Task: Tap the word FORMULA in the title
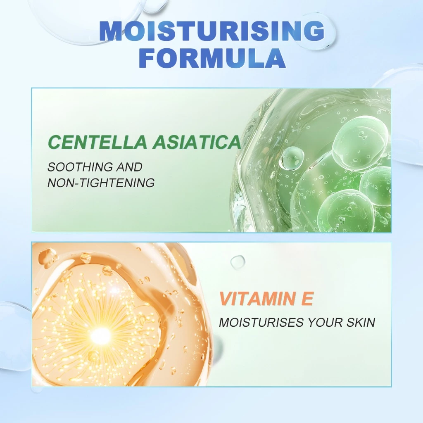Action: [x=214, y=58]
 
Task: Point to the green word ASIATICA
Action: [x=197, y=142]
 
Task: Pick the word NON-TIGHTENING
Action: [x=101, y=183]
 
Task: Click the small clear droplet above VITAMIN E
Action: [x=238, y=261]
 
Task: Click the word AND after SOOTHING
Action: [x=129, y=167]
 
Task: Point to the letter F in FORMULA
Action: [x=149, y=58]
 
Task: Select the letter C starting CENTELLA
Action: [x=55, y=142]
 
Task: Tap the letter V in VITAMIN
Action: [x=226, y=299]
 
